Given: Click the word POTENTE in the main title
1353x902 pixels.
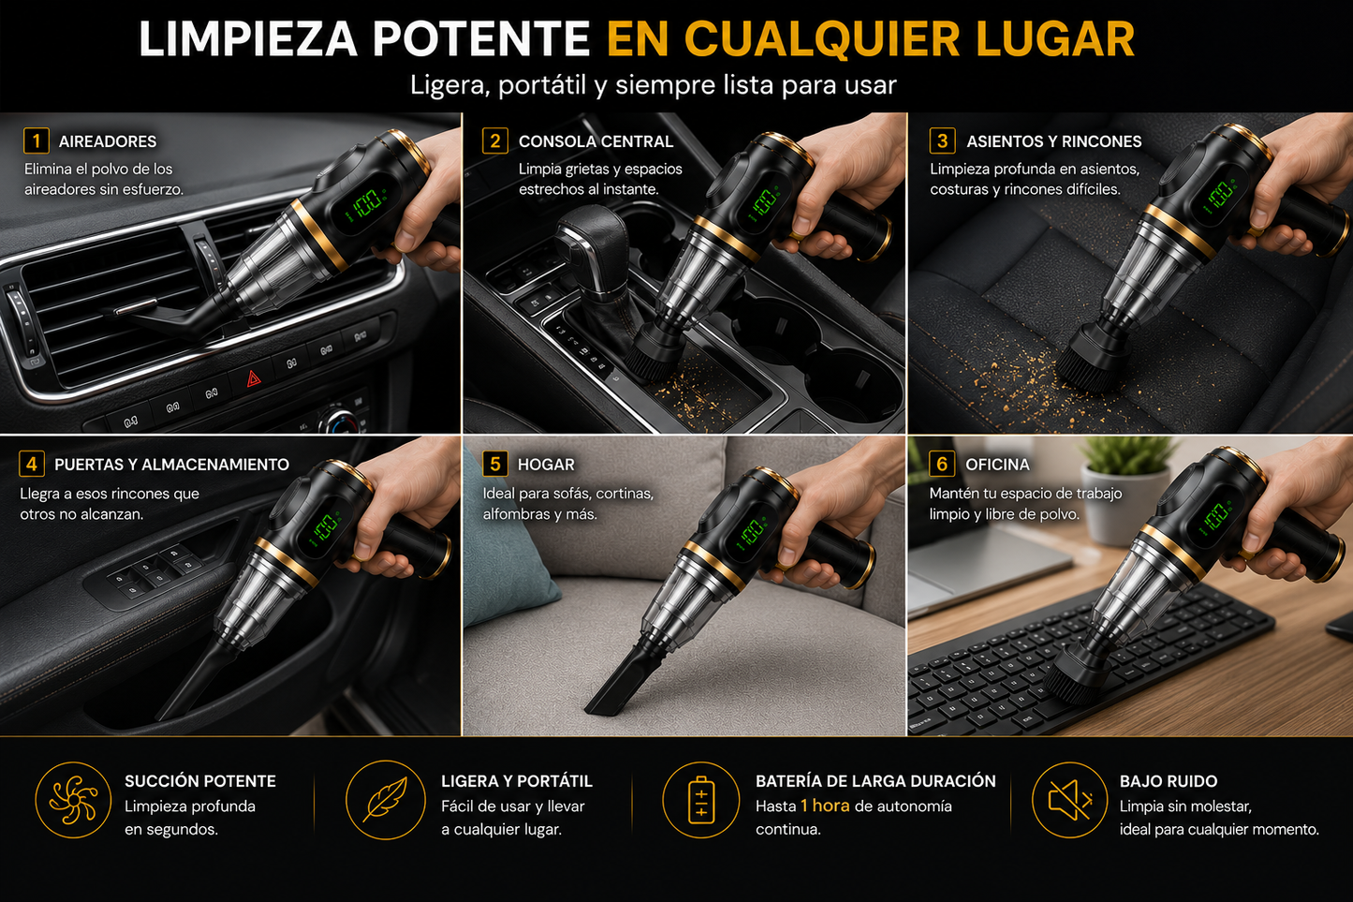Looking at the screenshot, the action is pos(480,39).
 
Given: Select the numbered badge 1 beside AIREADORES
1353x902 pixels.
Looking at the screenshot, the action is pos(37,140).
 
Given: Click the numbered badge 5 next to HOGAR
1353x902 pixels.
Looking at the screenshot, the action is pos(494,464).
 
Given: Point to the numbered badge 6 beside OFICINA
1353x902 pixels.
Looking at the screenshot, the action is pos(942,464).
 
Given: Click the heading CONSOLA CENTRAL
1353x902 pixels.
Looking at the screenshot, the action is pos(596,141).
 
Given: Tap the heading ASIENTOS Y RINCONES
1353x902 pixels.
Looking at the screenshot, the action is pos(1054,141).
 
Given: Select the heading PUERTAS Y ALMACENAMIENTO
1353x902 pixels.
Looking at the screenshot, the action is pos(171,464).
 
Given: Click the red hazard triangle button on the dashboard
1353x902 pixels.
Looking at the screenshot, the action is pos(254,378).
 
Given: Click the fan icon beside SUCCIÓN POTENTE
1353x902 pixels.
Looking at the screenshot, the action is pos(73,800).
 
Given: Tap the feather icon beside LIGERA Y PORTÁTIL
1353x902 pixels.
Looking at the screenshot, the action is pos(386,800).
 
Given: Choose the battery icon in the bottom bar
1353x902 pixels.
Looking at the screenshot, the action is pos(700,800).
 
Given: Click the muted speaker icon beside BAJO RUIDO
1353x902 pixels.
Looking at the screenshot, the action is pos(1069,800).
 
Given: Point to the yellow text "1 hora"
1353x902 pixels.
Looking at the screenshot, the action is pos(825,806).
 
